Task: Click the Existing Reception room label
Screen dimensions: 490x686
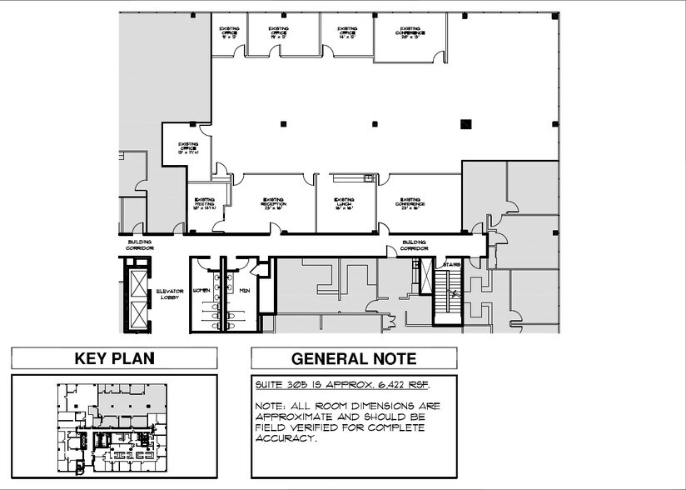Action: [x=274, y=203]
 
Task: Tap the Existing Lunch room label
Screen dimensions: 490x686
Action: [x=345, y=203]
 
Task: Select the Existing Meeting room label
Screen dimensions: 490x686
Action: [x=205, y=203]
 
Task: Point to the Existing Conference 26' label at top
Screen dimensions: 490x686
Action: [x=413, y=32]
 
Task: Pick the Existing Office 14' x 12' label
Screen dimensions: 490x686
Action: [x=348, y=32]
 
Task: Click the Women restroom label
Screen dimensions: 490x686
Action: [x=200, y=290]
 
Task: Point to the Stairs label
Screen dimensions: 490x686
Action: [x=452, y=266]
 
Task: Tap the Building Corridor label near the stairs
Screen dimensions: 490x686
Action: [x=414, y=245]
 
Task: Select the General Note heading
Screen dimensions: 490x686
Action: [x=353, y=359]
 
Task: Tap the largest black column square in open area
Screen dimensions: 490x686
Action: [x=465, y=124]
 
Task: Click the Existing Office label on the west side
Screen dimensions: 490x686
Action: [x=188, y=148]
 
